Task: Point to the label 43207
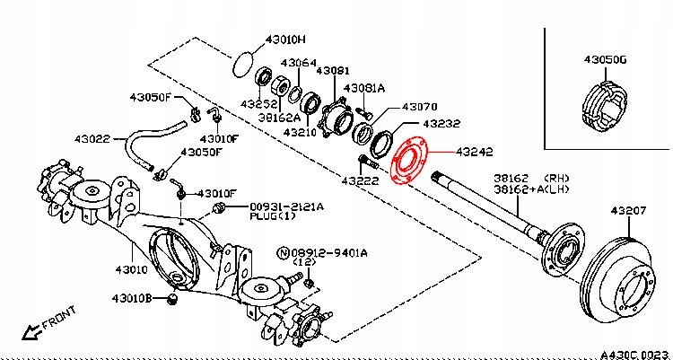[629, 210]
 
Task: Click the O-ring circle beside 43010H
[242, 64]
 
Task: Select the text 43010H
[286, 40]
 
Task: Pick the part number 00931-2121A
[286, 206]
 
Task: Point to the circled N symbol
[283, 254]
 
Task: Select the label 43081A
[366, 88]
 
